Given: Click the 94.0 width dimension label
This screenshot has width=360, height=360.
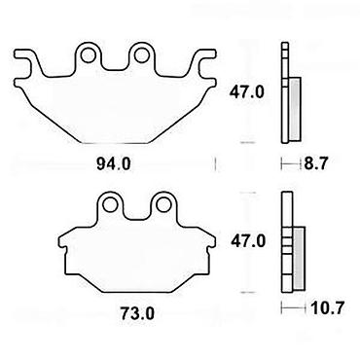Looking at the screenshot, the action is coord(114,164).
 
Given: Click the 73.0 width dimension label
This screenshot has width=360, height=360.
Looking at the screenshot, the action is coord(137,313).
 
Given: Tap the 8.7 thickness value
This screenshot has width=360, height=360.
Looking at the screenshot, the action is coord(316,163).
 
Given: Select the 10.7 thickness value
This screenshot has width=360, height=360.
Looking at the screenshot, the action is coord(327,307).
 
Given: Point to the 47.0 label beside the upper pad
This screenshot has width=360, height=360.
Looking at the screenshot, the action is coord(247,92).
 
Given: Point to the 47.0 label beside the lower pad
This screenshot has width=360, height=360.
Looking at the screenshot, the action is coord(248,241).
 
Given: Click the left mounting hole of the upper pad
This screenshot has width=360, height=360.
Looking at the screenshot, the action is coord(88,55).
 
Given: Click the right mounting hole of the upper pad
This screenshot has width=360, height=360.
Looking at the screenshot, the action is coord(141,55).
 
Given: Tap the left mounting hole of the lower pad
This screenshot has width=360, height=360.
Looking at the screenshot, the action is coord(110,204).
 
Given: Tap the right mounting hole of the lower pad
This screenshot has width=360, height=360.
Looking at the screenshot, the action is coord(163,204).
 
